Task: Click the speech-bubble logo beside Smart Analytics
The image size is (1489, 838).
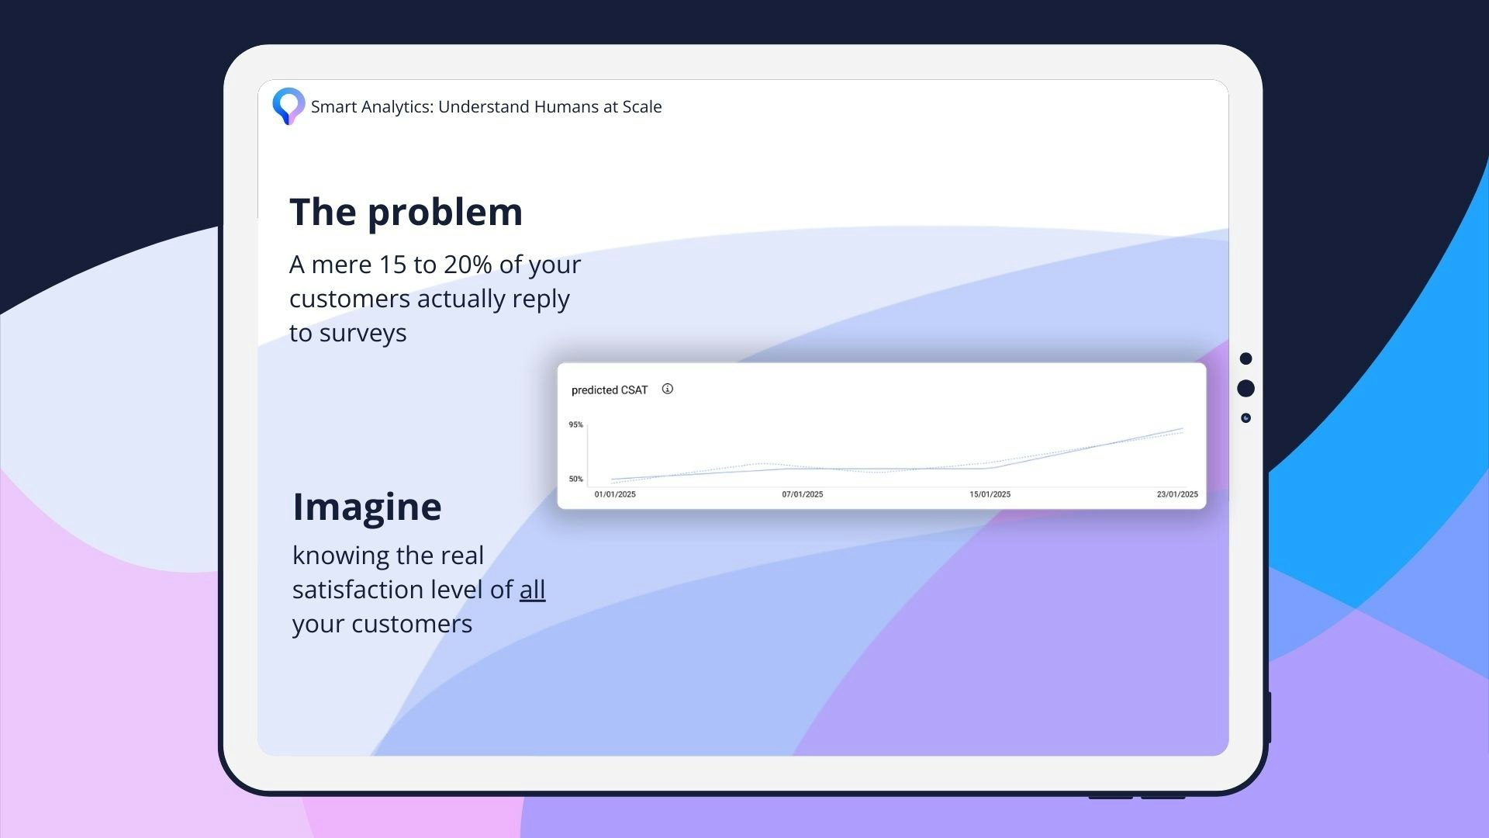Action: tap(288, 106)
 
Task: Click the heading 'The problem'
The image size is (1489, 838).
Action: tap(406, 212)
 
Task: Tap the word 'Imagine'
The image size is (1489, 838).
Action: tap(367, 507)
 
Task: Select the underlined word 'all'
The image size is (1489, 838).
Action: tap(532, 590)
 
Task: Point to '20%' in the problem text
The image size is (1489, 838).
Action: tap(468, 265)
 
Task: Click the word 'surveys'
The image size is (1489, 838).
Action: tap(363, 334)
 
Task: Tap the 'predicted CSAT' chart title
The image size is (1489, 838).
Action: tap(610, 390)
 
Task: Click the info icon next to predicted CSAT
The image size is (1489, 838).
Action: tap(668, 389)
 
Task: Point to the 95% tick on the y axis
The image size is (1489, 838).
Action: tap(575, 424)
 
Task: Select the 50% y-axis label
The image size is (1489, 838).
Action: tap(575, 479)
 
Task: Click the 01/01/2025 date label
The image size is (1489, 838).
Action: tap(615, 494)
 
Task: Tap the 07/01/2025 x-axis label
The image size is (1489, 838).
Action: tap(803, 494)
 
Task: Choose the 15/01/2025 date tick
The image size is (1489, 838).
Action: tap(990, 494)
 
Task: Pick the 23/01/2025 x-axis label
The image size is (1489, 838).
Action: tap(1177, 494)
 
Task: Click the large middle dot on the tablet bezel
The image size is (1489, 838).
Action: tap(1246, 388)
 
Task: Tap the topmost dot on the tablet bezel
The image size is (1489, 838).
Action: tap(1246, 358)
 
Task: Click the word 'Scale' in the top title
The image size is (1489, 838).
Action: tap(642, 107)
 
